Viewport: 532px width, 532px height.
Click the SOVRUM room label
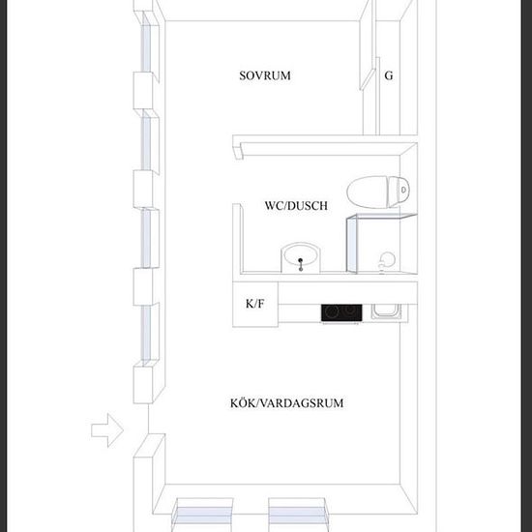point(265,75)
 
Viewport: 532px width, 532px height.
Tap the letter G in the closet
point(389,75)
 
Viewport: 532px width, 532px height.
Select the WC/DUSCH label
point(296,206)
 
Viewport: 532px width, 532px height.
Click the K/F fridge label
point(254,304)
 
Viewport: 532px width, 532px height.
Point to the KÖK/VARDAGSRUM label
point(286,403)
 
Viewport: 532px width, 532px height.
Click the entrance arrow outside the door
point(107,430)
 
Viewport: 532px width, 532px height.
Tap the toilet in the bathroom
point(378,192)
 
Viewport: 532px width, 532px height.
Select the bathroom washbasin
point(301,257)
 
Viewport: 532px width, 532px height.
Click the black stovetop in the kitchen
point(341,312)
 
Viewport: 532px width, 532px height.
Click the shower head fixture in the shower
point(386,261)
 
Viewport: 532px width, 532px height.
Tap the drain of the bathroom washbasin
point(301,260)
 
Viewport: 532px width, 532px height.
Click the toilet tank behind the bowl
point(399,192)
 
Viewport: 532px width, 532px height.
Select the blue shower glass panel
point(352,245)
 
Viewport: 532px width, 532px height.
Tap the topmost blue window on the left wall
point(146,43)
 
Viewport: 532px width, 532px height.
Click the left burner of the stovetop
point(332,311)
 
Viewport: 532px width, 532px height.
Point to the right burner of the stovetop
point(352,310)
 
